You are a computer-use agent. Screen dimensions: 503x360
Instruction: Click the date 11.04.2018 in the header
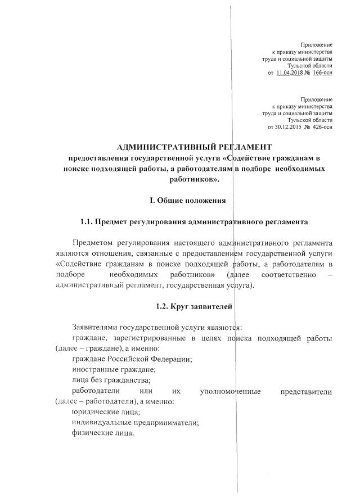290,72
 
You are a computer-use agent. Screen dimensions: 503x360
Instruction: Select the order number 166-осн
321,72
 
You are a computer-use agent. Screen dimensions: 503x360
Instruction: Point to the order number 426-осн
321,126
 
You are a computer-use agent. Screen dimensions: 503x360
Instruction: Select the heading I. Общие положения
187,200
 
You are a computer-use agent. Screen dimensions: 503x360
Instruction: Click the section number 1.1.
89,221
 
